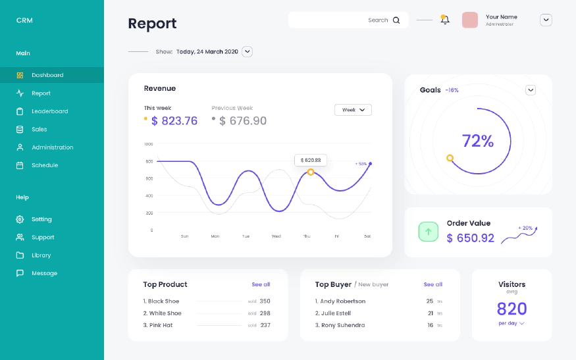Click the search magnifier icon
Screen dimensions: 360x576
[396, 20]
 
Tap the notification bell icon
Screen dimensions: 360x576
[445, 20]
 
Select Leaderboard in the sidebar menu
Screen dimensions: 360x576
[49, 111]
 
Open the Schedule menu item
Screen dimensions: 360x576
[44, 165]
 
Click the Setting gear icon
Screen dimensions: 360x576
[20, 219]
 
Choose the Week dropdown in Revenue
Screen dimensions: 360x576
[353, 110]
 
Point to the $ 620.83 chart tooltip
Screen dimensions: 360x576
[311, 160]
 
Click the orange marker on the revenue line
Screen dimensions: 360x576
[311, 172]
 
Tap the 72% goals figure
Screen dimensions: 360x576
[477, 141]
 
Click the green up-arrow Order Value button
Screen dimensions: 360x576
[429, 232]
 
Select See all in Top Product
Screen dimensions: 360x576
[261, 284]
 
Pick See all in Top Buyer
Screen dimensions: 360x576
[432, 284]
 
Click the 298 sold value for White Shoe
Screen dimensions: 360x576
[265, 313]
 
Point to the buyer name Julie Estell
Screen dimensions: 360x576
[335, 313]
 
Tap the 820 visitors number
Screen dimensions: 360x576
[511, 309]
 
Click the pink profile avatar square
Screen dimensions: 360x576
[470, 20]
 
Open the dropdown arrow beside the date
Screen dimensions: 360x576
[247, 51]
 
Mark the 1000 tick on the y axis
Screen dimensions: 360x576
[148, 143]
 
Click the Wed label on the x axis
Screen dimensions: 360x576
[276, 236]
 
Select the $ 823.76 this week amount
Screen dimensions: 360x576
[174, 121]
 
